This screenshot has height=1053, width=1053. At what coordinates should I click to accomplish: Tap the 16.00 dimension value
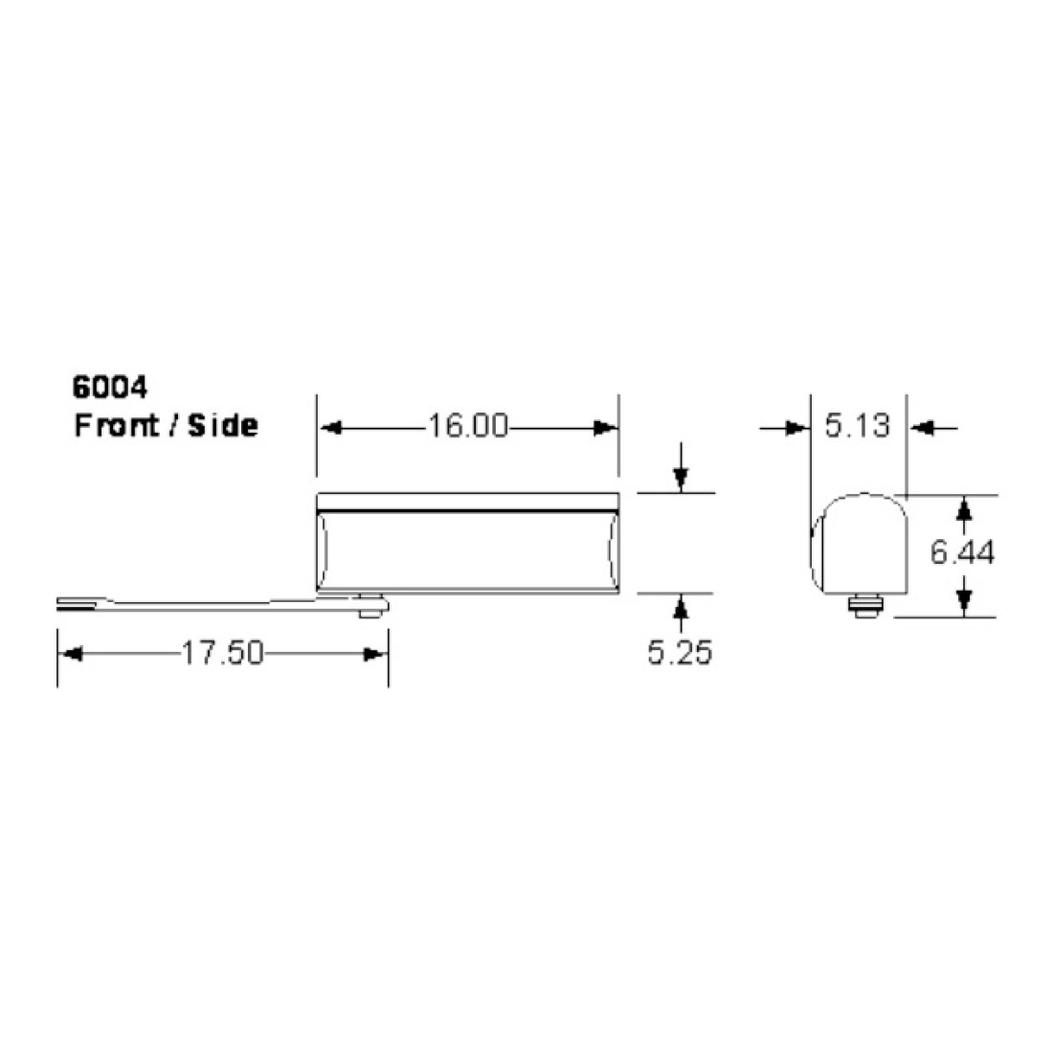(467, 427)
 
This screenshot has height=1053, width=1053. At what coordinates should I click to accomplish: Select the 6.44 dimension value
(964, 552)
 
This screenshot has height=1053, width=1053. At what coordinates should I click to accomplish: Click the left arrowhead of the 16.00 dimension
(329, 429)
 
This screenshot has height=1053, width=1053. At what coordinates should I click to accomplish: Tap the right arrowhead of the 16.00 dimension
(606, 429)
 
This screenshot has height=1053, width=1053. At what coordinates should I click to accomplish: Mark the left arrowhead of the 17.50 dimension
(70, 655)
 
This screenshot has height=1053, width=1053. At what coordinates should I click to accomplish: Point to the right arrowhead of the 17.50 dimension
(375, 655)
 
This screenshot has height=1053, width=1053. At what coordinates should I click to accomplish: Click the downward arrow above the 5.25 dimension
(680, 479)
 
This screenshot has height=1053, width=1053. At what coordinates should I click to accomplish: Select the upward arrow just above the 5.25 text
(680, 607)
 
